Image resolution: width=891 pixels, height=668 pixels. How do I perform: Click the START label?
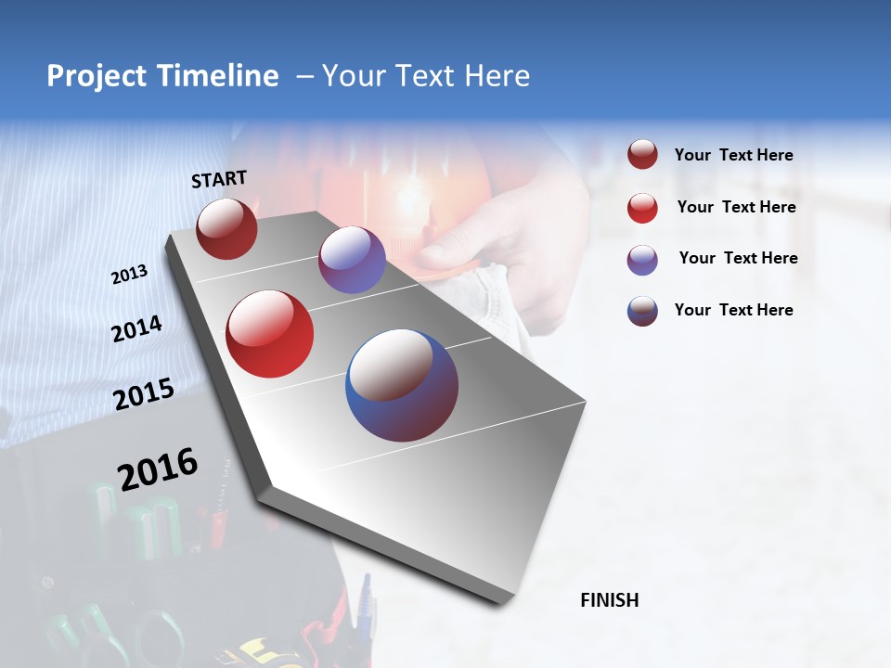(x=219, y=179)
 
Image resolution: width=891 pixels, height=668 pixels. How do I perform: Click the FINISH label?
(x=609, y=600)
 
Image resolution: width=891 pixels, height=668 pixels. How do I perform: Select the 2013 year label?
(x=129, y=275)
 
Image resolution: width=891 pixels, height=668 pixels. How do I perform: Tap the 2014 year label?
(x=136, y=329)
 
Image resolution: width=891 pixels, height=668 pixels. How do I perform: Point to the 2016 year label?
(x=158, y=469)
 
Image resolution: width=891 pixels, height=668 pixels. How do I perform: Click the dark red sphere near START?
(x=226, y=228)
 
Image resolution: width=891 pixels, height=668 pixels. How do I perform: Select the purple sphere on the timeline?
(x=352, y=260)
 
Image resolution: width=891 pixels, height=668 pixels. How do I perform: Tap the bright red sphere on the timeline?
(x=270, y=334)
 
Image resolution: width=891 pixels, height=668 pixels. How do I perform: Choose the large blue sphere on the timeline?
(x=402, y=385)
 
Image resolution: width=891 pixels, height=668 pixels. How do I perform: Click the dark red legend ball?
(x=642, y=155)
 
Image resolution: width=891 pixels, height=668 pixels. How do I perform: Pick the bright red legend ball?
(x=642, y=208)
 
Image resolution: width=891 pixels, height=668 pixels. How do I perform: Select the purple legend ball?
(x=642, y=260)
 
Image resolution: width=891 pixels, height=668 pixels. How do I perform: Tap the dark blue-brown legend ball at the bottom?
(x=642, y=311)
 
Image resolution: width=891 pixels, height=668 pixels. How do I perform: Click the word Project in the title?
(x=97, y=76)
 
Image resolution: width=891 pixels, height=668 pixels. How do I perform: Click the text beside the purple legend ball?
(x=738, y=258)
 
